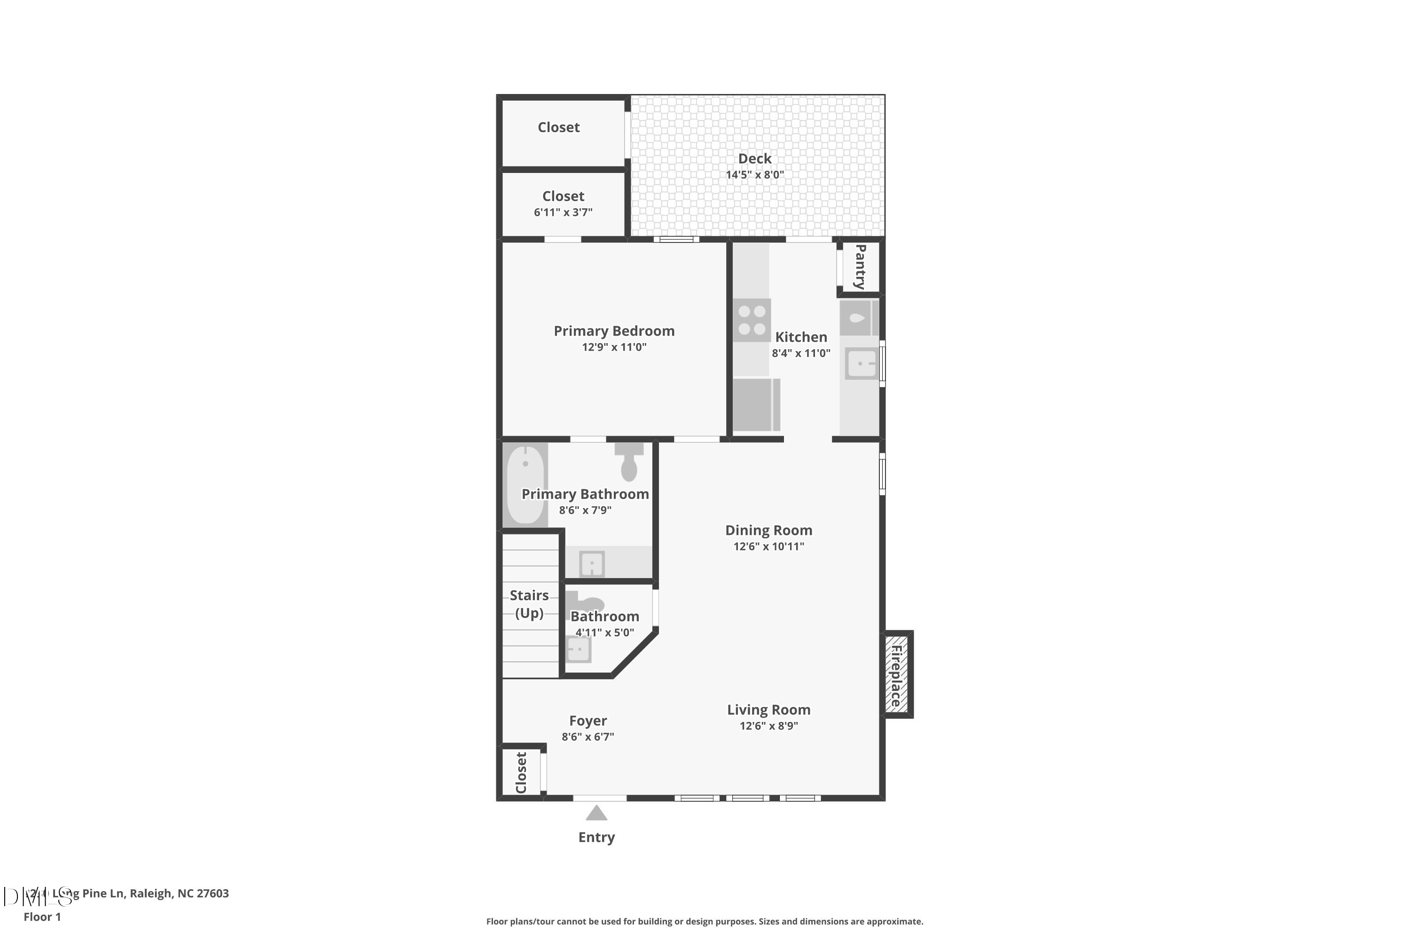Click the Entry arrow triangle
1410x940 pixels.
pos(596,814)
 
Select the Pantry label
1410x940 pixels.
pos(860,267)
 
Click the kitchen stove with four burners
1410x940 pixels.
pos(751,320)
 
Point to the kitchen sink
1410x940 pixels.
pos(862,363)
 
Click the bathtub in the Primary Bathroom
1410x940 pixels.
pos(525,485)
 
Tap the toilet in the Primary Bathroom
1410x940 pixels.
pos(628,463)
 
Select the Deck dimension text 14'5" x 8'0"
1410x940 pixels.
pos(754,175)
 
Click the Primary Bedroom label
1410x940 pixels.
pos(614,331)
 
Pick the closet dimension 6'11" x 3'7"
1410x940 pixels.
pos(563,212)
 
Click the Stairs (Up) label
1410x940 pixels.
pos(529,603)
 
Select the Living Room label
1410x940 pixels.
pos(768,710)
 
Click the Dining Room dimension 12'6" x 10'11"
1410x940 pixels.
pos(768,546)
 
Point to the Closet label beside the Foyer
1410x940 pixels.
pos(521,772)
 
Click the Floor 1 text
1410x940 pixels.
pos(42,916)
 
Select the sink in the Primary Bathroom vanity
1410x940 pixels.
pos(592,564)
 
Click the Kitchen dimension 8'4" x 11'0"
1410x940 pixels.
pos(801,353)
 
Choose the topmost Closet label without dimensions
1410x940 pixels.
pos(558,127)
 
